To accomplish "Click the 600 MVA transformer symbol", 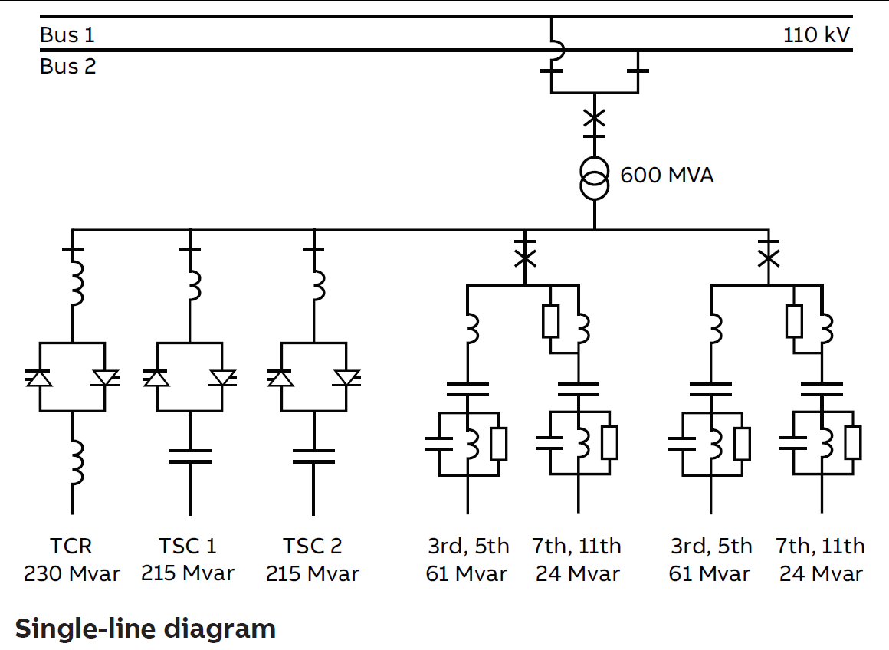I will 594,177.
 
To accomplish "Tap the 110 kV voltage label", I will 816,35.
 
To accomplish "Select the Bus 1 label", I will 67,35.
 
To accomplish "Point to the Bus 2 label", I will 67,67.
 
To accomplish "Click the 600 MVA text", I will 667,176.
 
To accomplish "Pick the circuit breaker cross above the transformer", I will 594,118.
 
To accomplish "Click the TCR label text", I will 71,547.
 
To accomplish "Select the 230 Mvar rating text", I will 71,573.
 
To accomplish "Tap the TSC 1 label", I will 188,547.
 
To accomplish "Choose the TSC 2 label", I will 313,547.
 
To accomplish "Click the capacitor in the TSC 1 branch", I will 189,456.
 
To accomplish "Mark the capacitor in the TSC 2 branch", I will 313,456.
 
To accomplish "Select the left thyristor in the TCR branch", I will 39,378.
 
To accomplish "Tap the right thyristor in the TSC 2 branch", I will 347,378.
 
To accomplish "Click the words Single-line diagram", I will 146,629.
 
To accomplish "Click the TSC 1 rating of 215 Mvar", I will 188,573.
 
